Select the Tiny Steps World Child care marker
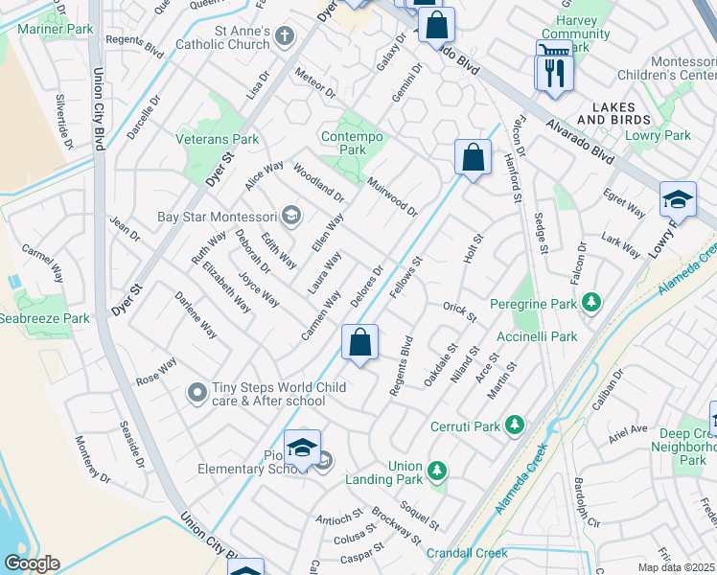[197, 393]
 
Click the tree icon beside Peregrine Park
[592, 303]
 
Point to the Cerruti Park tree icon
[516, 424]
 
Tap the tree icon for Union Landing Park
[437, 471]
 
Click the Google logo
[32, 563]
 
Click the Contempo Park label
[353, 143]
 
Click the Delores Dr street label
[367, 287]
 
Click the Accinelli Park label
[537, 336]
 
